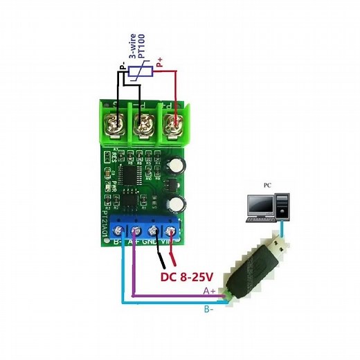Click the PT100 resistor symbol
point(141,71)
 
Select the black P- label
point(122,67)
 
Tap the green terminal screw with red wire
point(173,125)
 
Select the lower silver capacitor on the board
point(178,204)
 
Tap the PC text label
point(267,186)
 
